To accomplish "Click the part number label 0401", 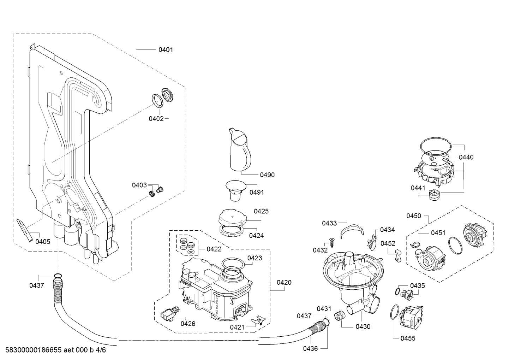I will [x=166, y=50].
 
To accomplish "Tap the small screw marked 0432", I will [x=332, y=243].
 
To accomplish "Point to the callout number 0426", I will [x=188, y=324].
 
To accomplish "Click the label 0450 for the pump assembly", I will [x=414, y=216].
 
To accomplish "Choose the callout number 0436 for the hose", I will [x=310, y=348].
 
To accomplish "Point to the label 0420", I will [x=284, y=282].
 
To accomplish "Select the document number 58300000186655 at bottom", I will [x=34, y=350].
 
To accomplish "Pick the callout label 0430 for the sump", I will [x=363, y=326].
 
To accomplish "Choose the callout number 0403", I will [x=139, y=185].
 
